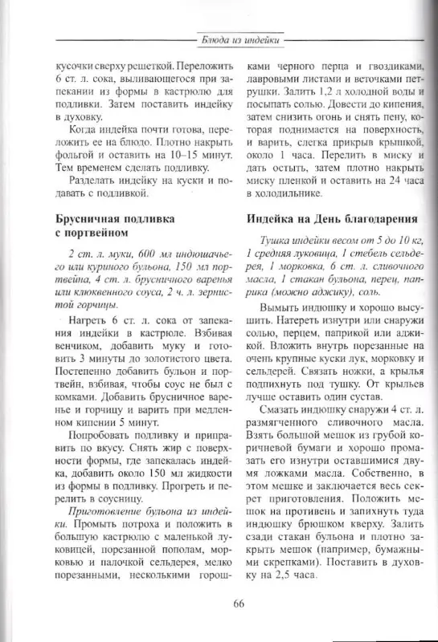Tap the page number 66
239,603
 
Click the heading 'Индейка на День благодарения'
330,217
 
